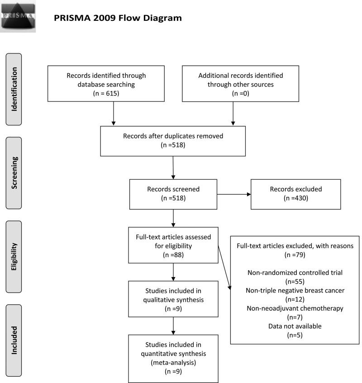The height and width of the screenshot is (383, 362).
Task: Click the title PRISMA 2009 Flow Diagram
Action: click(x=118, y=19)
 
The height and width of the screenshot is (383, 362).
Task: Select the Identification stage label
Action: click(x=15, y=89)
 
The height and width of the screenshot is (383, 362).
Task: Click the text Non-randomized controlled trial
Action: click(x=295, y=273)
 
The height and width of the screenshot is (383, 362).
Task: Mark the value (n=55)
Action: click(x=295, y=282)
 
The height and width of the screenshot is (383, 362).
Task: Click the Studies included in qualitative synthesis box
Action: click(x=173, y=299)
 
